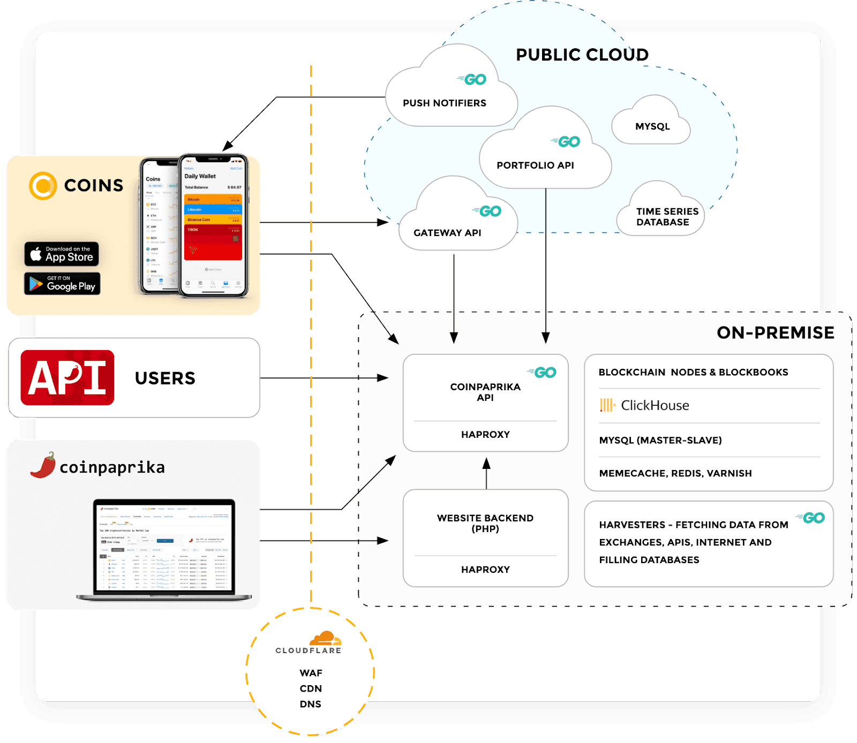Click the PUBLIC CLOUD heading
(x=582, y=55)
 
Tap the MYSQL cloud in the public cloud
(x=652, y=126)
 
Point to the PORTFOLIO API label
(x=535, y=165)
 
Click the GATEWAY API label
(x=447, y=233)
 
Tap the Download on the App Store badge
(x=62, y=254)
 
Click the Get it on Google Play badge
(x=62, y=284)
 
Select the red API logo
(x=67, y=377)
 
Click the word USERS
(x=165, y=378)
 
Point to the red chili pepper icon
(x=43, y=465)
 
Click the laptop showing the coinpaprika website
(x=164, y=549)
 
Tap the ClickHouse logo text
(x=655, y=405)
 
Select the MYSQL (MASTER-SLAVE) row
(x=660, y=440)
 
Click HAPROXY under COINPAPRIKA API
(x=485, y=435)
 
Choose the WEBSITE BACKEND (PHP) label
(x=485, y=523)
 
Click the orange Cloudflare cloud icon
(x=325, y=638)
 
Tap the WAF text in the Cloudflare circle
(x=311, y=673)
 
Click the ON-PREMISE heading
(x=775, y=333)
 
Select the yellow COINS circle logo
(x=43, y=186)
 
